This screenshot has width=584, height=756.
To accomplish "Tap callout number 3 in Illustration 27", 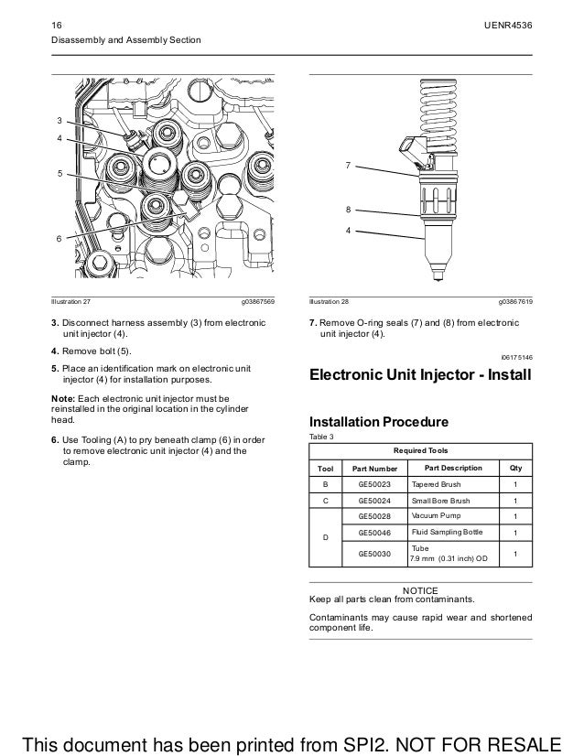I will click(x=59, y=120).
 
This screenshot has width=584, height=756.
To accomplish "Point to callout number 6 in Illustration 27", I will click(x=59, y=238).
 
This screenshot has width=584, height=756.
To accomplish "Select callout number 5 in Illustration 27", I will click(x=59, y=171).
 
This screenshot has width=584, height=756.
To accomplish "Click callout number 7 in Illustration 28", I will click(x=348, y=166).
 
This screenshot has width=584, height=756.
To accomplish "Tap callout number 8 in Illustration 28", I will click(x=348, y=210).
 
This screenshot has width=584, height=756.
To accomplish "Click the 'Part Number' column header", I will click(x=374, y=469).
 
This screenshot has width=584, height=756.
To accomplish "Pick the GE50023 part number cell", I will click(x=374, y=484).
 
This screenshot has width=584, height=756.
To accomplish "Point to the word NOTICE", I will click(x=420, y=589).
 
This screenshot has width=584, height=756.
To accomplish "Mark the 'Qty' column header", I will click(x=515, y=468).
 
